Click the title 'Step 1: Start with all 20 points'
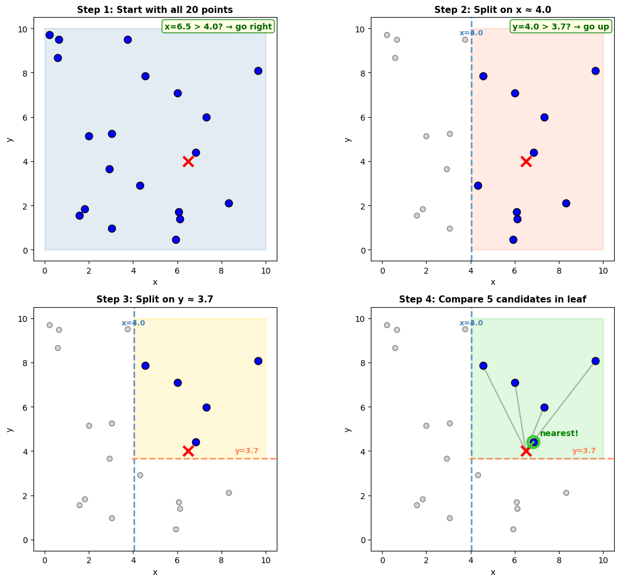pos(155,9)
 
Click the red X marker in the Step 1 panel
pos(188,161)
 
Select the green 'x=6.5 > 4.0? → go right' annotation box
pos(218,26)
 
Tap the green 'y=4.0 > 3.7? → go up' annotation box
pos(561,26)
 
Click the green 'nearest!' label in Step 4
pos(559,434)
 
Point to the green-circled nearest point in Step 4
pos(533,442)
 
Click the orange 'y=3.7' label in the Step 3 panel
pos(247,451)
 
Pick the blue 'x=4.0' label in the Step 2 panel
pos(471,33)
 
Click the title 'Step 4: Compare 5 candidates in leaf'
pos(492,300)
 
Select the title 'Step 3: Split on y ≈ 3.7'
pos(155,300)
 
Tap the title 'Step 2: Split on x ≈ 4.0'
pos(492,9)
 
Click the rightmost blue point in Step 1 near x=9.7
pos(258,71)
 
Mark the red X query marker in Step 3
pos(188,451)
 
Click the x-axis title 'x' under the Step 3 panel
pos(155,572)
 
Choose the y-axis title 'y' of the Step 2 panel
pos(347,139)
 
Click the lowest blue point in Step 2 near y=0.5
pos(513,240)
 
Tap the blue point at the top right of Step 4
pos(595,361)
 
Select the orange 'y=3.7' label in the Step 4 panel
pos(584,451)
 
